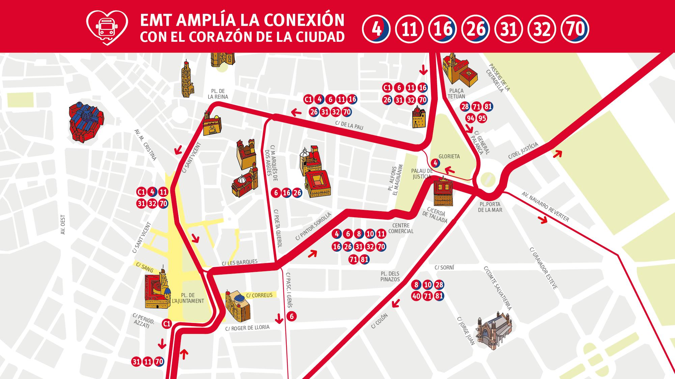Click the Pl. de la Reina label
[x=218, y=94]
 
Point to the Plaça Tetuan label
[x=456, y=94]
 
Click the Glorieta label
[x=449, y=156]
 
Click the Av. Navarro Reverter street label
[x=545, y=207]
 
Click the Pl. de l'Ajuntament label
[x=188, y=298]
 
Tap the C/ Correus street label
[x=259, y=295]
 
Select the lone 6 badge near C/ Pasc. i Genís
[x=292, y=316]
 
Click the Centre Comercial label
[x=401, y=228]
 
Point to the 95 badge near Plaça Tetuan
[x=482, y=118]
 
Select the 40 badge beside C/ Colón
[x=416, y=296]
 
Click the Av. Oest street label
[x=62, y=225]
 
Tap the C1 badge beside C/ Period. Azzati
[x=167, y=324]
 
